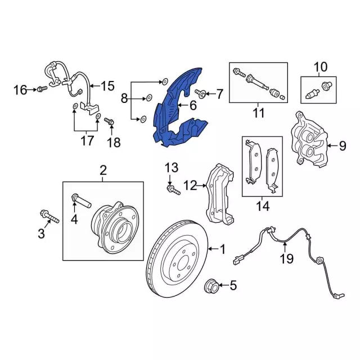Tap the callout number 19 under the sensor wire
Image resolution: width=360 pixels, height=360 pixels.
click(286, 259)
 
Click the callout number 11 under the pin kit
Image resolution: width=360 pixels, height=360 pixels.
click(258, 113)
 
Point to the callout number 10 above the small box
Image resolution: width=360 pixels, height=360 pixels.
click(320, 68)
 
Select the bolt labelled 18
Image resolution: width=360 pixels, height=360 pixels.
click(109, 121)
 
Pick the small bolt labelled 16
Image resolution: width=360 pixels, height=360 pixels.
click(40, 89)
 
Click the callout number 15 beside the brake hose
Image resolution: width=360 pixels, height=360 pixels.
click(107, 86)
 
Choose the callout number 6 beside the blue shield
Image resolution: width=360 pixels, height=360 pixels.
click(192, 105)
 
